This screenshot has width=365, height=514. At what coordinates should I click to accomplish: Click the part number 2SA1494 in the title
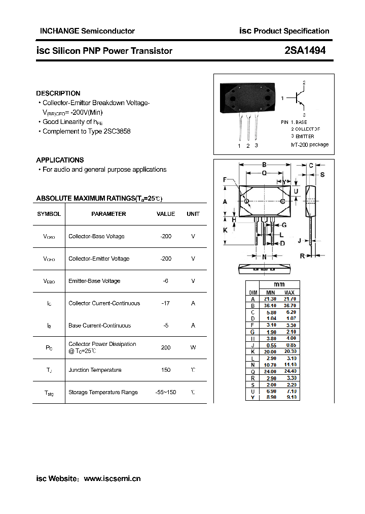pyautogui.click(x=305, y=50)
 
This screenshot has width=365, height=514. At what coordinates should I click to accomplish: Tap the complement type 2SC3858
pyautogui.click(x=117, y=132)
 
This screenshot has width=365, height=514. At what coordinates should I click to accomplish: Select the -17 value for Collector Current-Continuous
pyautogui.click(x=165, y=303)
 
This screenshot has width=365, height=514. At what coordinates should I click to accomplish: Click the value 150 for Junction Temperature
pyautogui.click(x=166, y=370)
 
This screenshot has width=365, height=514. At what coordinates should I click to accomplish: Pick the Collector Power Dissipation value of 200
pyautogui.click(x=166, y=348)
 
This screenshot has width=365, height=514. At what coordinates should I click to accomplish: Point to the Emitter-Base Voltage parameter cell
pyautogui.click(x=94, y=281)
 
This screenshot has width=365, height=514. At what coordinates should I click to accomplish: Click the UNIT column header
pyautogui.click(x=193, y=214)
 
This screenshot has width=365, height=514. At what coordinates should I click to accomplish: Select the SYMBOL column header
pyautogui.click(x=49, y=214)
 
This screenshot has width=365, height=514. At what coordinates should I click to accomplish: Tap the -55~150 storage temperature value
pyautogui.click(x=166, y=392)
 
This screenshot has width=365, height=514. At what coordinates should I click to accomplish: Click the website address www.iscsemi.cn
pyautogui.click(x=112, y=478)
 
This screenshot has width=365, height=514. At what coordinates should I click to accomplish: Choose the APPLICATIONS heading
pyautogui.click(x=60, y=160)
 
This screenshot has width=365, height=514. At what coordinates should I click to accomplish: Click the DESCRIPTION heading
pyautogui.click(x=58, y=93)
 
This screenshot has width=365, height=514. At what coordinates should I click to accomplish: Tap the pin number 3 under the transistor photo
pyautogui.click(x=257, y=146)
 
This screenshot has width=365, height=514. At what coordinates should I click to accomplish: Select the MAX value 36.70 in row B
pyautogui.click(x=289, y=306)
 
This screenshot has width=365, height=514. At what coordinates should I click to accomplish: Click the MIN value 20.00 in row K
pyautogui.click(x=271, y=351)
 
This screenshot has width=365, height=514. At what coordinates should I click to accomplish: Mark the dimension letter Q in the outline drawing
pyautogui.click(x=264, y=173)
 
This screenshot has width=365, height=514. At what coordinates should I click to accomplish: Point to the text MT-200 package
pyautogui.click(x=310, y=145)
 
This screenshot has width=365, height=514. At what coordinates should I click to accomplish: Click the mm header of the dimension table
pyautogui.click(x=279, y=284)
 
